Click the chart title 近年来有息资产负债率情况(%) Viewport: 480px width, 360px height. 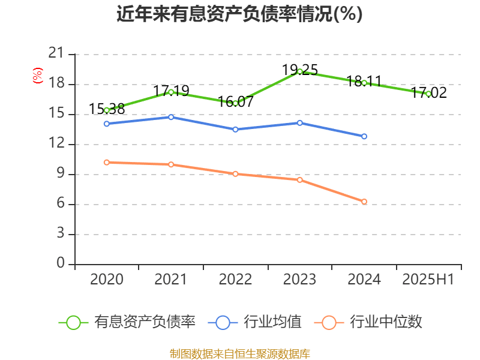pyautogui.click(x=239, y=14)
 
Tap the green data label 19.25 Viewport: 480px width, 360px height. pyautogui.click(x=300, y=70)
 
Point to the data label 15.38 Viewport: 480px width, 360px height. pyautogui.click(x=107, y=109)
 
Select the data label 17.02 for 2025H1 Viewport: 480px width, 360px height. pyautogui.click(x=429, y=92)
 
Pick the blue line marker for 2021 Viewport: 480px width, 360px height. pyautogui.click(x=171, y=117)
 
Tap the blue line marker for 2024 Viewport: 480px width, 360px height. pyautogui.click(x=364, y=137)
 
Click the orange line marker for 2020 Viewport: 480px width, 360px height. pyautogui.click(x=107, y=162)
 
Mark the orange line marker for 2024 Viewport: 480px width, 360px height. pyautogui.click(x=364, y=202)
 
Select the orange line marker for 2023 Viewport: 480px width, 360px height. pyautogui.click(x=300, y=180)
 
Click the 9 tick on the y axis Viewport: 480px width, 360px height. pyautogui.click(x=61, y=175)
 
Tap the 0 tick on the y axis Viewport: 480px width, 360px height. pyautogui.click(x=61, y=264)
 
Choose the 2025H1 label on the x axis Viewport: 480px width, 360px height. pyautogui.click(x=428, y=280)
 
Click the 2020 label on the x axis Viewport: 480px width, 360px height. pyautogui.click(x=107, y=280)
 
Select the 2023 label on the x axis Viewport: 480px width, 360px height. pyautogui.click(x=300, y=280)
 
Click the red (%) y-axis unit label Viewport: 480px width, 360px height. pyautogui.click(x=38, y=76)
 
